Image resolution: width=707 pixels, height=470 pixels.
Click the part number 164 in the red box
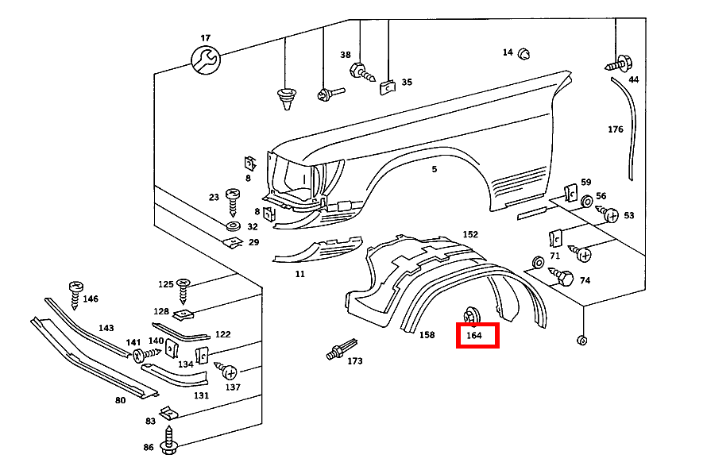point(474,336)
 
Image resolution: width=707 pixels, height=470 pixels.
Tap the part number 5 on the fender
point(435,169)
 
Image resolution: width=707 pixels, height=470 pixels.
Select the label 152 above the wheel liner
point(470,234)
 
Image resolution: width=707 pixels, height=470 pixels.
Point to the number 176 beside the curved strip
point(615,129)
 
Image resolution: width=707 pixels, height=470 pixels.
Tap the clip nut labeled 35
point(387,86)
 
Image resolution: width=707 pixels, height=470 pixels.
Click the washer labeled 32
point(234,227)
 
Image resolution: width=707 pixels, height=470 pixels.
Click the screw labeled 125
point(184,289)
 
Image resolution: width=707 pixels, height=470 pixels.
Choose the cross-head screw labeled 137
point(227,372)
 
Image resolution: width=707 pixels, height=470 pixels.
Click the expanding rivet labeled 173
point(341,350)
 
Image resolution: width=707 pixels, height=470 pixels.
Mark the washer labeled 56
point(585,202)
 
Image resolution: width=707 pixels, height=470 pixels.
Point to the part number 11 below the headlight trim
point(299,274)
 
